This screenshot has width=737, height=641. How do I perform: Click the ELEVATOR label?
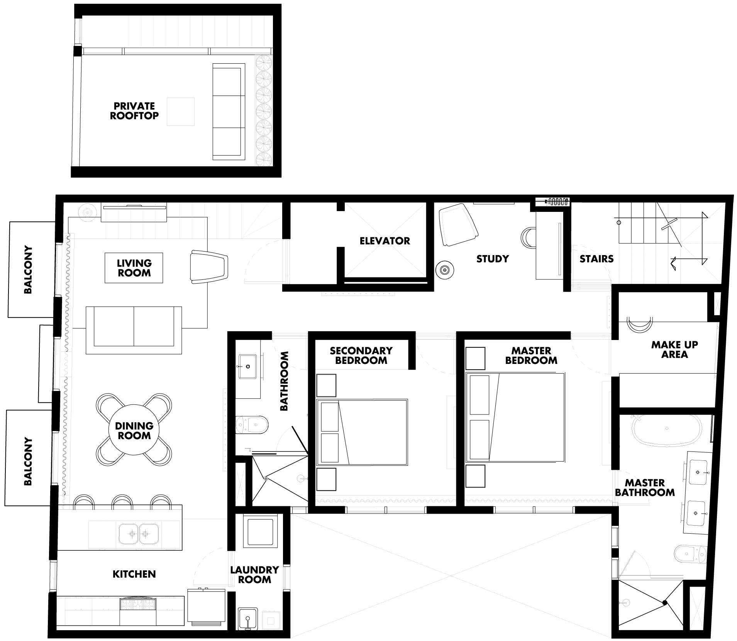[x=385, y=241]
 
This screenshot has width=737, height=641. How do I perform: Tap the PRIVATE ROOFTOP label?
[x=134, y=111]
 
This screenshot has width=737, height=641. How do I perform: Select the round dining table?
[x=134, y=430]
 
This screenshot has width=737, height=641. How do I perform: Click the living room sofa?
[x=134, y=330]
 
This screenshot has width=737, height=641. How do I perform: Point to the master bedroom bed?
[x=515, y=417]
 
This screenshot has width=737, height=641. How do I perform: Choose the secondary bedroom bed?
[x=362, y=432]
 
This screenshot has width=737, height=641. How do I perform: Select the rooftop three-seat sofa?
[x=229, y=112]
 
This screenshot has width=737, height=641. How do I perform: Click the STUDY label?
[x=493, y=259]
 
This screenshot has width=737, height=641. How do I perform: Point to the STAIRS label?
[x=596, y=259]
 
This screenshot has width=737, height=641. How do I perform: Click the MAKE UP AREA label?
[x=674, y=350]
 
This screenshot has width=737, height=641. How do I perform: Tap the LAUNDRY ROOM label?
[x=254, y=575]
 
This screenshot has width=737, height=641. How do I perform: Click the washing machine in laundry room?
[x=261, y=531]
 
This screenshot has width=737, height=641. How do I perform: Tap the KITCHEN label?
[x=134, y=574]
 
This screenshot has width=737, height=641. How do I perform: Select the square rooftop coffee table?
[x=181, y=112]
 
